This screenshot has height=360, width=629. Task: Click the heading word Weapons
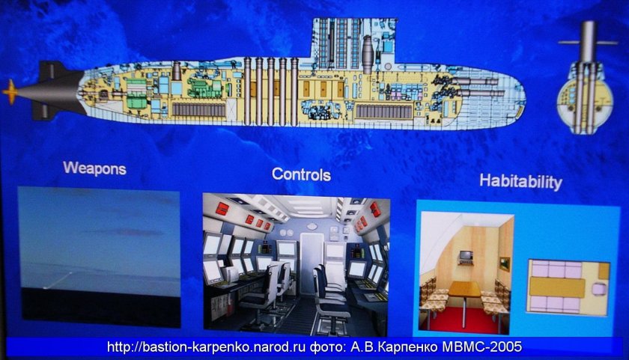pos(94,168)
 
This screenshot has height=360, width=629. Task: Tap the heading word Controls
pos(301,174)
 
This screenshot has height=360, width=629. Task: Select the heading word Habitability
pos(520,182)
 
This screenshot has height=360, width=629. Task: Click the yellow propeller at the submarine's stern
pos(10,92)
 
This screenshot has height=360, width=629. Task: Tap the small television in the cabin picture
pos(466,257)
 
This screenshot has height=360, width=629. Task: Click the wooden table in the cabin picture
pos(464,290)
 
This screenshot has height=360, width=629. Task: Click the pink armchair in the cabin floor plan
pos(598,288)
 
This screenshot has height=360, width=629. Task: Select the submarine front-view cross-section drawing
pos(586,77)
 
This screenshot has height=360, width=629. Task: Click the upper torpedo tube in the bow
pos(475,82)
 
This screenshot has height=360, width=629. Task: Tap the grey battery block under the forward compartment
pos(384,111)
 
